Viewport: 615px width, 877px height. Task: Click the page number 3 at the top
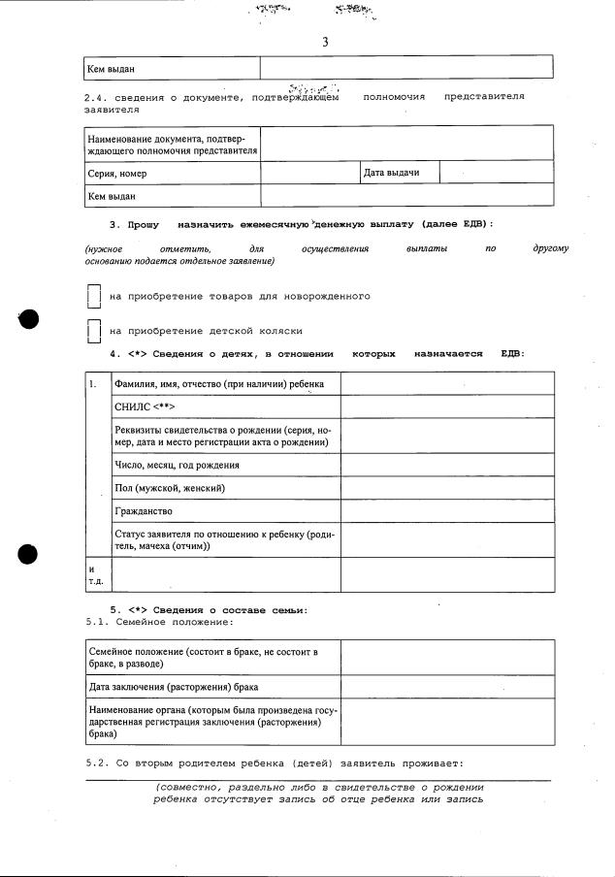coord(325,42)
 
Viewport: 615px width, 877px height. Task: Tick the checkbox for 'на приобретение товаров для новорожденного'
coord(93,296)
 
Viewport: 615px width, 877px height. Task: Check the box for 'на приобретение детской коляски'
coord(93,331)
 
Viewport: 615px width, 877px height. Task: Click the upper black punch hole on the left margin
coord(28,319)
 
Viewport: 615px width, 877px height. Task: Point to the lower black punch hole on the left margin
coord(28,554)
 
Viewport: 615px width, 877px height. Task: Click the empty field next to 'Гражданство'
coord(447,511)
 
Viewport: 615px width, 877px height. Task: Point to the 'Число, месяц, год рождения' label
coord(177,465)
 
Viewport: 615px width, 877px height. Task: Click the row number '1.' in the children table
coord(93,384)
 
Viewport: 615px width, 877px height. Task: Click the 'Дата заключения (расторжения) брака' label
coord(174,688)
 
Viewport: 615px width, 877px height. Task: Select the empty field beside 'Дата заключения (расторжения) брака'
coord(447,688)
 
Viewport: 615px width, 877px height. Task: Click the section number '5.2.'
coord(97,762)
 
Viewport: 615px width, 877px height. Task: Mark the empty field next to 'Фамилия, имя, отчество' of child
coord(447,384)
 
